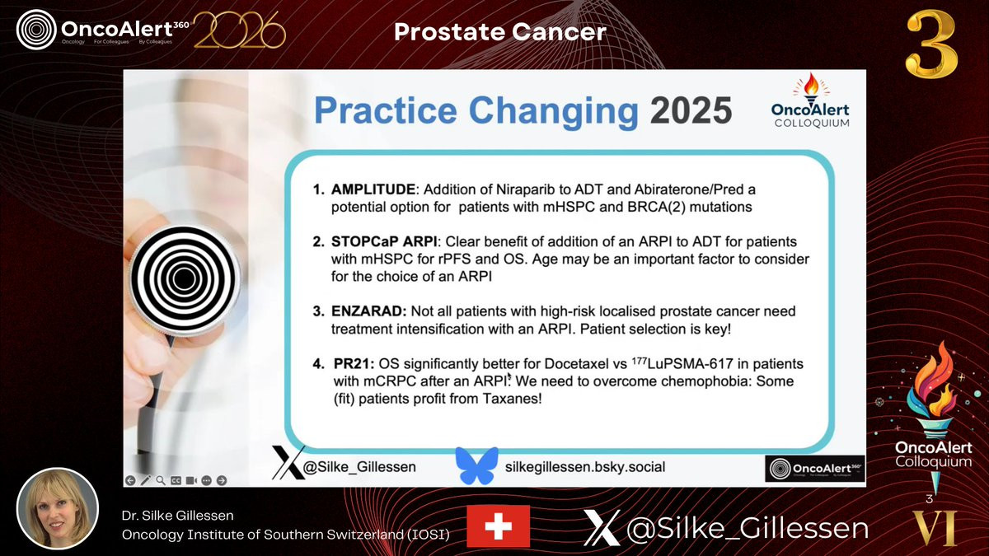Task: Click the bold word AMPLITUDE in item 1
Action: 373,189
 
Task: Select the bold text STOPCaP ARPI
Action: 384,242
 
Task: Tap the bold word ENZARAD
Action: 368,311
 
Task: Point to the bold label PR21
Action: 354,364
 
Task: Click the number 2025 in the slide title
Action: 691,110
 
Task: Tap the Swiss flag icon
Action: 498,526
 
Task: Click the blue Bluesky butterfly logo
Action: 476,465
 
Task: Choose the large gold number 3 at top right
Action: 931,45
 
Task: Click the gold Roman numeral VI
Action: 935,528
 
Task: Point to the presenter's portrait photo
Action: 58,509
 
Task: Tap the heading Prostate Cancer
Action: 500,32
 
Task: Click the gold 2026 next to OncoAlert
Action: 239,30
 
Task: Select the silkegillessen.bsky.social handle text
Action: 585,467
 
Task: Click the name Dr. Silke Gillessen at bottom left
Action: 177,516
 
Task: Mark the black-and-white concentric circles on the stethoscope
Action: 184,278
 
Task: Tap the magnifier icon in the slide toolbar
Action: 160,480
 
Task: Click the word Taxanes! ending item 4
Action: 512,399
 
